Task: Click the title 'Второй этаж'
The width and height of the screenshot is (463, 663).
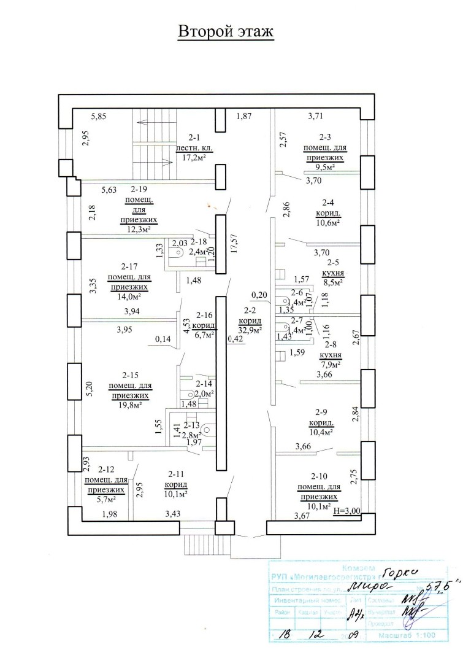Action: (x=225, y=32)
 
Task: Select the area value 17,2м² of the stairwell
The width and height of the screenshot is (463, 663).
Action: (x=193, y=158)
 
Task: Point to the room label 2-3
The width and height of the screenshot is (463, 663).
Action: (x=325, y=138)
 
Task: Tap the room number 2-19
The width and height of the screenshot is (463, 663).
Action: (x=139, y=190)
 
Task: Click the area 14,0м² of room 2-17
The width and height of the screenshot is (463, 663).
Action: (x=129, y=296)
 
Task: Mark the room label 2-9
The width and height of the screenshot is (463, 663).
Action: (x=321, y=413)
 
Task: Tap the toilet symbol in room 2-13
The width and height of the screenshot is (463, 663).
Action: (x=206, y=430)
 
